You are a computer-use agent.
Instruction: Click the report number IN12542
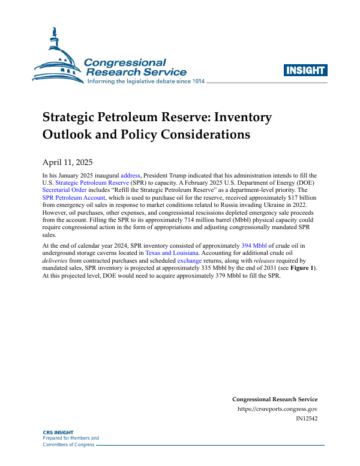307,418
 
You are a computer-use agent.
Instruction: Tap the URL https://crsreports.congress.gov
277,408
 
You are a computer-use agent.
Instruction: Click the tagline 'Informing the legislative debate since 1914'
146,81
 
